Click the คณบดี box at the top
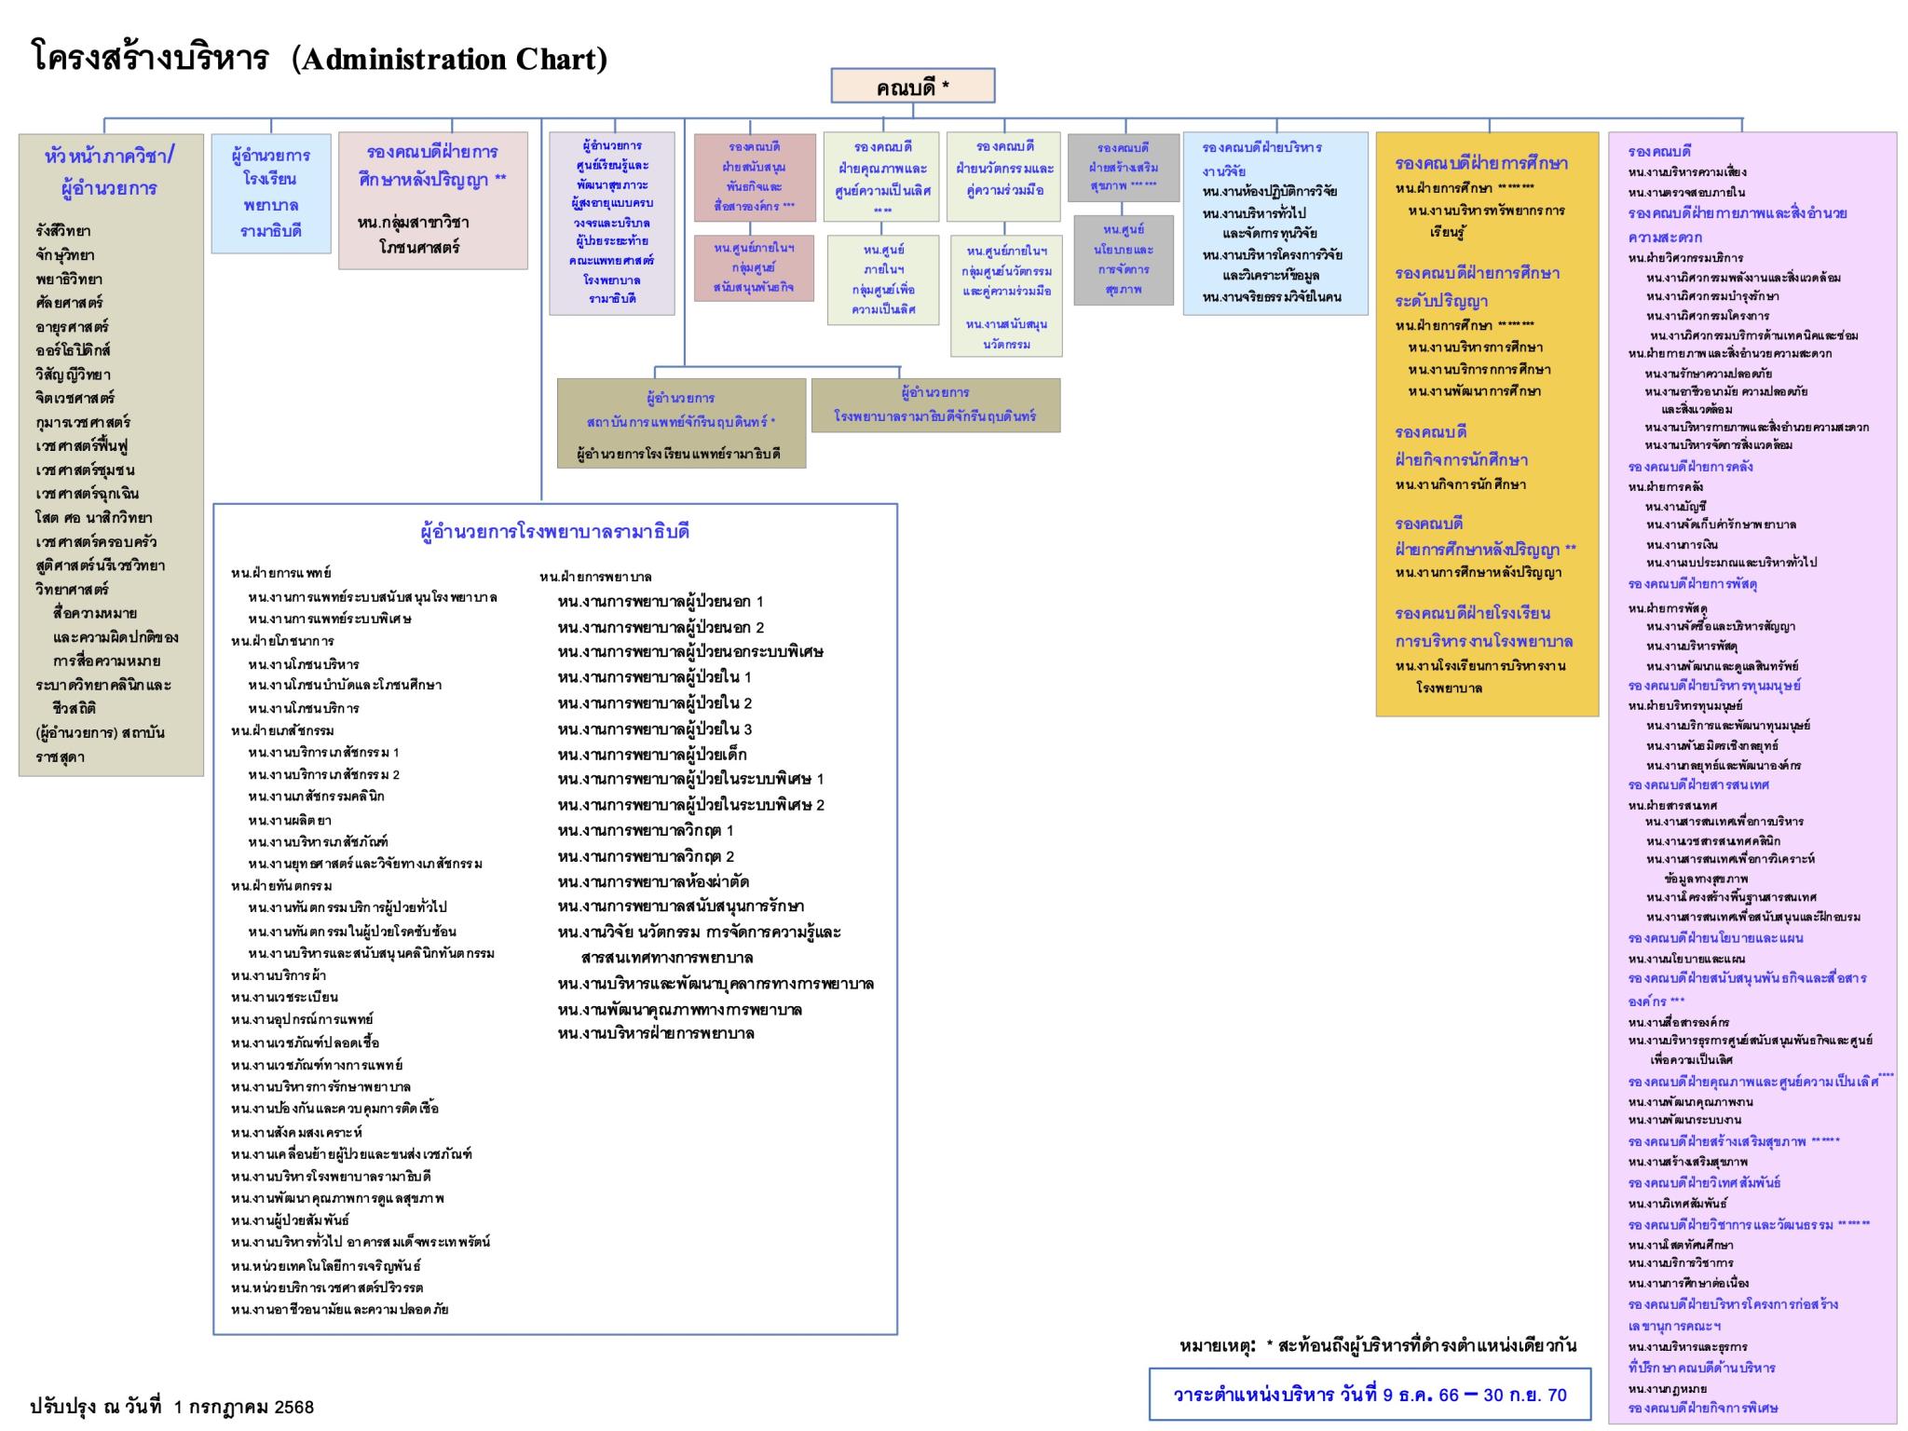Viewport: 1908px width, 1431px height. click(912, 87)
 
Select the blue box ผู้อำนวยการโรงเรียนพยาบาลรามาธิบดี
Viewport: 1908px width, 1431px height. click(271, 193)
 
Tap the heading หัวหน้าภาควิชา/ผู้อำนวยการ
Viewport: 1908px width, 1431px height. click(110, 171)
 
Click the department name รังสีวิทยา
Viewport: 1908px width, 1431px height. click(63, 231)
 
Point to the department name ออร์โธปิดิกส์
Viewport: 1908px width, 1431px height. click(74, 350)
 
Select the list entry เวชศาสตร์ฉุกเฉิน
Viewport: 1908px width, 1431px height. click(88, 494)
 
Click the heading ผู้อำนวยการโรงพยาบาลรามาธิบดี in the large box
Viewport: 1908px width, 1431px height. click(555, 532)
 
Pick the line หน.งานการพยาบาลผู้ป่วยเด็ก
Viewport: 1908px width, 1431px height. click(652, 754)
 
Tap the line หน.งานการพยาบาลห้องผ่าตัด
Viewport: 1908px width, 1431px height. click(653, 881)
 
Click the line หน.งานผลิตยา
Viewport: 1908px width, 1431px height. click(290, 820)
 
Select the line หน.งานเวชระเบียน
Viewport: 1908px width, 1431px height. click(284, 997)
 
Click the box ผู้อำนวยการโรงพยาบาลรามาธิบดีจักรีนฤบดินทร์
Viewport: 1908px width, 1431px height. click(935, 405)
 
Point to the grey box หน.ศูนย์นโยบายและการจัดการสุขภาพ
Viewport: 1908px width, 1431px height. click(1123, 260)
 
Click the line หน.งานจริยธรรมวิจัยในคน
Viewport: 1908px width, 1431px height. click(1272, 297)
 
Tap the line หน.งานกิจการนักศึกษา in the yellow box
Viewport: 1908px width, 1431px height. click(1460, 484)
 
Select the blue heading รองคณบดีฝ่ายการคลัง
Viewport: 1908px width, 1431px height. click(1690, 466)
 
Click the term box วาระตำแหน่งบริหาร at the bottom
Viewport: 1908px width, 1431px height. click(1370, 1395)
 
